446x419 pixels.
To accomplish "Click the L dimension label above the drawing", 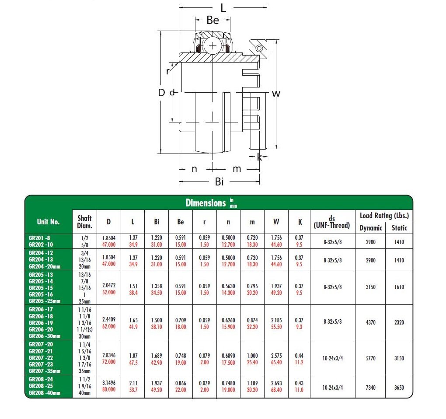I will [x=223, y=8].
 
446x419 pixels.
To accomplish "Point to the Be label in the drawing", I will [x=213, y=21].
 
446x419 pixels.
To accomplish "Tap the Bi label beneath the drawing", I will [x=219, y=182].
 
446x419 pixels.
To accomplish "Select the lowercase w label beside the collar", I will [x=276, y=93].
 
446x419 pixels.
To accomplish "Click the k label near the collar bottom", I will [x=260, y=157].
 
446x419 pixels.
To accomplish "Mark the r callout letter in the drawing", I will [x=168, y=71].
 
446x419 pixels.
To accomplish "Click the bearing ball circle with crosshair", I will [x=213, y=46].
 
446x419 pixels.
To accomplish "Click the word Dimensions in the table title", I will [x=206, y=203].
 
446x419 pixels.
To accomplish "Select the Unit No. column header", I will [x=48, y=222].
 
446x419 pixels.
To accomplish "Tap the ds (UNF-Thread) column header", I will [x=332, y=222].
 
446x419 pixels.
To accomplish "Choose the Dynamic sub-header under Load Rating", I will [x=370, y=228].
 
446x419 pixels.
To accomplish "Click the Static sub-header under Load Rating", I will [x=399, y=228].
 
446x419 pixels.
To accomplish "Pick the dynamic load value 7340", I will [x=370, y=387].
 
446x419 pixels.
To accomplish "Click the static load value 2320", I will [x=399, y=323].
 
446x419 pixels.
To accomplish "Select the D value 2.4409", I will [x=109, y=320].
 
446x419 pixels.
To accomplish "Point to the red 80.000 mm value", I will [x=109, y=390].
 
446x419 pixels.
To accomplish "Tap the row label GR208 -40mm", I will [x=44, y=393].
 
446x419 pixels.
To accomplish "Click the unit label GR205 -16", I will [x=41, y=294].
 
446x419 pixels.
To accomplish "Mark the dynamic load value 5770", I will [x=370, y=359].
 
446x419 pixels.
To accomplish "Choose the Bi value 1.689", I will [x=157, y=356].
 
